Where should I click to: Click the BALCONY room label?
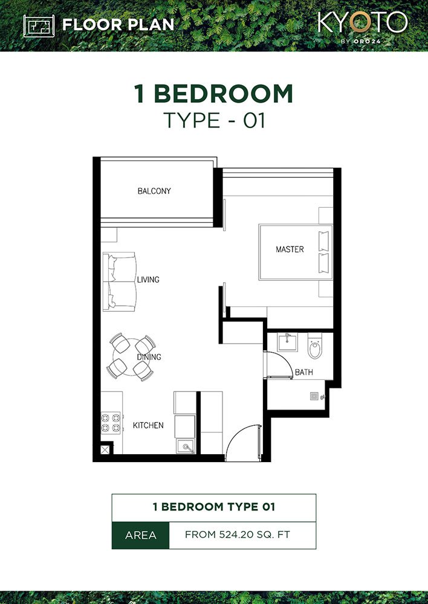point(154,191)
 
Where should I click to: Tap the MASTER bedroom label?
point(290,249)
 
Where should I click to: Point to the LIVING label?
point(148,280)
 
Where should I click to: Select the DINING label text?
point(149,357)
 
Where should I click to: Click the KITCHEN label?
point(148,425)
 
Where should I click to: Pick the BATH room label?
point(303,373)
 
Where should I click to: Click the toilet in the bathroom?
point(314,348)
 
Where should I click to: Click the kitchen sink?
point(186,447)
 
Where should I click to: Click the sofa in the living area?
point(118,282)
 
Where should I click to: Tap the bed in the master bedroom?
point(296,252)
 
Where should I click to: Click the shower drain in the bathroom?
point(313,397)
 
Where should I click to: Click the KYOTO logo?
point(362,24)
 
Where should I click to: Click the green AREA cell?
point(140,535)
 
